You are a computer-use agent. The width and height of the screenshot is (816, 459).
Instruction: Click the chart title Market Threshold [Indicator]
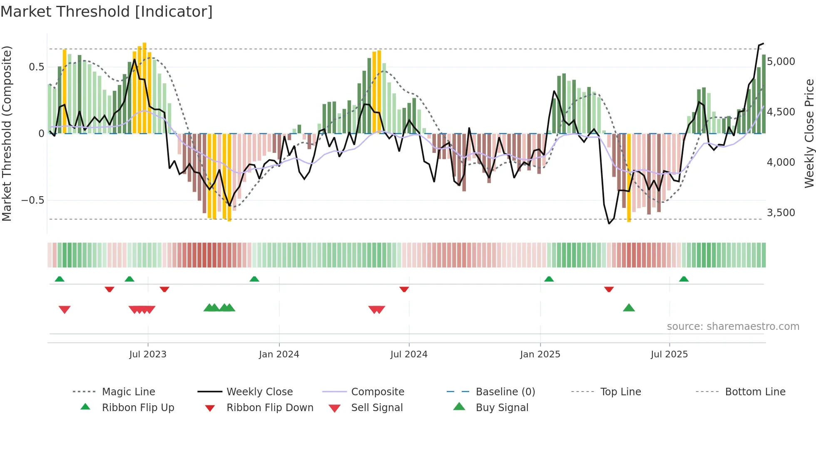pos(107,12)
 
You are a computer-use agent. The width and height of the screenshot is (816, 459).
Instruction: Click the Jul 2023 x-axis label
pos(148,354)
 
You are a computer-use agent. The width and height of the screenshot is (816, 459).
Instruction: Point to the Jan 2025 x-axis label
pos(540,354)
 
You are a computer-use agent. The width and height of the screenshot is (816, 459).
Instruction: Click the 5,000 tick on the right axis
pos(781,62)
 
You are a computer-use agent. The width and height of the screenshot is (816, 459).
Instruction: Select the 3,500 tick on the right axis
pos(781,213)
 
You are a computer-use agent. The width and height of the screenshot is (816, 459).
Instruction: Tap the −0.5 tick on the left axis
pos(32,200)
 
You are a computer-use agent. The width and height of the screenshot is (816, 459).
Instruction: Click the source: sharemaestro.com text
pos(733,327)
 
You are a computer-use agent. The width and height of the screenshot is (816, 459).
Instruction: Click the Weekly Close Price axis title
pos(809,133)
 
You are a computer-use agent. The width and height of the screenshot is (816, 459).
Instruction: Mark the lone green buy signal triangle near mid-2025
pos(629,308)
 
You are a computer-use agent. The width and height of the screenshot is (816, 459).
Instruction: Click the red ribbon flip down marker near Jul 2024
pos(404,289)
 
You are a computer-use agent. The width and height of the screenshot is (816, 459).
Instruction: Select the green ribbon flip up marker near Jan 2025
pos(549,279)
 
